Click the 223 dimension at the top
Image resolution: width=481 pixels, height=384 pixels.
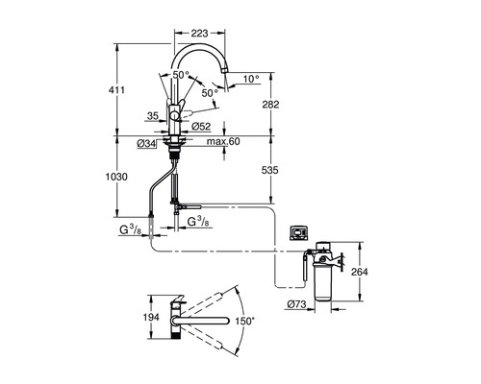click(x=199, y=33)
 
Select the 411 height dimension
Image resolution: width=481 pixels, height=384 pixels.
click(x=116, y=90)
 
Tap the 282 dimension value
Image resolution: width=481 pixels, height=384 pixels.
click(x=270, y=105)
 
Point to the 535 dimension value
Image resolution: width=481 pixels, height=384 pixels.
click(x=270, y=170)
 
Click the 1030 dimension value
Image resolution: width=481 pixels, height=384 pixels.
click(x=116, y=177)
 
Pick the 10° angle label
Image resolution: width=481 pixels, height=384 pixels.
click(x=251, y=79)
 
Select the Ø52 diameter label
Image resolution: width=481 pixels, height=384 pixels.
click(x=201, y=127)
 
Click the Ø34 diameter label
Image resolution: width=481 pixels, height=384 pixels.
click(x=146, y=144)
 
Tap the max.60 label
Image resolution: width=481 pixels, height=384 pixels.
click(x=223, y=141)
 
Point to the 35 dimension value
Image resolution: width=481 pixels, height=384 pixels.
click(x=153, y=115)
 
